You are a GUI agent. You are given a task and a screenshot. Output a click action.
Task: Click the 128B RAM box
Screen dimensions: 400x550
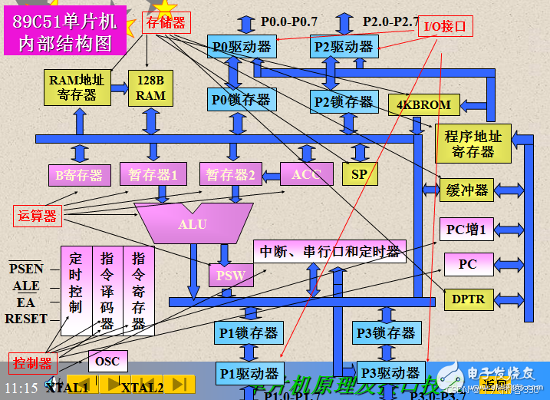point(151,88)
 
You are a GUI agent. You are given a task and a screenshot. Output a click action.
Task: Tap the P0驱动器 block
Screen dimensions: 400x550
point(242,47)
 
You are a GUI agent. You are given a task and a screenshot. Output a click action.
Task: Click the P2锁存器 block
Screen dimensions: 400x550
point(343,101)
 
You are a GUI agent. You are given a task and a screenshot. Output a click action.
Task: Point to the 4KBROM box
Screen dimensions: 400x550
point(423,104)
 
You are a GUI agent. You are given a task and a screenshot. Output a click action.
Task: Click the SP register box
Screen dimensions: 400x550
point(360,174)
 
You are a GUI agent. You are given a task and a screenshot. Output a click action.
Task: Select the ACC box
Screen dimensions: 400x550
point(306,174)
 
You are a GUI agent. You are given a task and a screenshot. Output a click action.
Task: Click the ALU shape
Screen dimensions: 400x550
point(193,223)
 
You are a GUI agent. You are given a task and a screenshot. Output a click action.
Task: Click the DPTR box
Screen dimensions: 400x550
point(468,298)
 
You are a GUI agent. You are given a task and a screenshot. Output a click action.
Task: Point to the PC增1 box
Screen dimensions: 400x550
point(467,229)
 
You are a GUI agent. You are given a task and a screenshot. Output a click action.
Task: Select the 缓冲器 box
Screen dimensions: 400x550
point(467,190)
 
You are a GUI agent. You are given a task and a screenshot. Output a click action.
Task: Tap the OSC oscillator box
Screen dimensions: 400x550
point(107,360)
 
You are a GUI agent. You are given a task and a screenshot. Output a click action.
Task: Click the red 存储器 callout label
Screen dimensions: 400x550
point(166,23)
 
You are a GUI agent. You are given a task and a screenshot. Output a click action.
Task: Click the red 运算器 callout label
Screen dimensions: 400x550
point(38,216)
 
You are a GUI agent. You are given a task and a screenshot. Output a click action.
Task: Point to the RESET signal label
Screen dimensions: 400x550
point(27,319)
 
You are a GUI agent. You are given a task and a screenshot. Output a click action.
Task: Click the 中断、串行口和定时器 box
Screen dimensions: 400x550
point(330,251)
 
